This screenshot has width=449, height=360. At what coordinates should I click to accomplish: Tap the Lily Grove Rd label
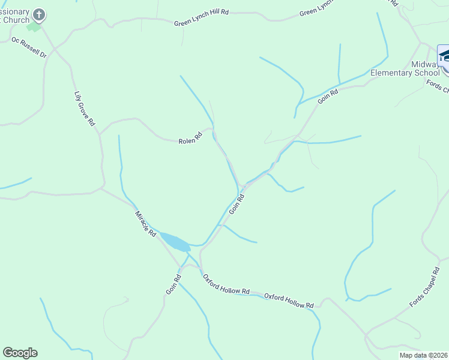pos(85,109)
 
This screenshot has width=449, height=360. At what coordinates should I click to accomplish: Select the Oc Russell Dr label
pos(29,47)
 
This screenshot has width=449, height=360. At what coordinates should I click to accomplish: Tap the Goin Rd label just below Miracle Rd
pos(173,284)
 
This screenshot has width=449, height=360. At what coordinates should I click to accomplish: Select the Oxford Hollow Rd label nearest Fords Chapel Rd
pos(289,301)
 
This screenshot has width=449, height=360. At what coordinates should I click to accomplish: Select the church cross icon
pos(39,14)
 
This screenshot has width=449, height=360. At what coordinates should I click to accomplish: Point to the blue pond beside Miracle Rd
pos(175,242)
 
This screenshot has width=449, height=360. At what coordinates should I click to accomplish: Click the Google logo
pos(20,353)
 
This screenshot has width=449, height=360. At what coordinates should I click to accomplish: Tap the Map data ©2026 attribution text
pos(423,355)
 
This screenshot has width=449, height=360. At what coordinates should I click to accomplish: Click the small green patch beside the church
pos(34,26)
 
